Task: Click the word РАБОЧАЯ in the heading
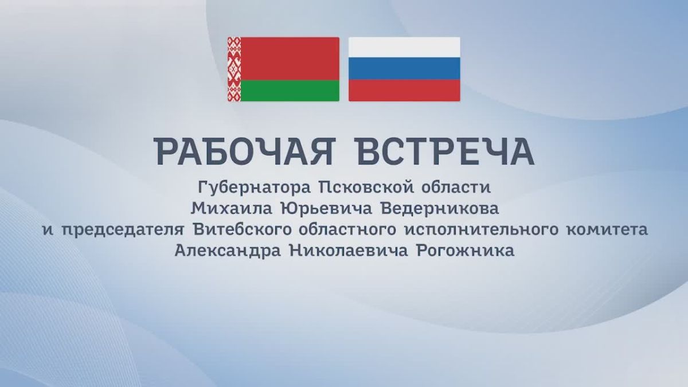pos(244,151)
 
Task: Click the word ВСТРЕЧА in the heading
pos(445,151)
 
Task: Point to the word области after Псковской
pos(456,187)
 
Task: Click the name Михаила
pos(232,209)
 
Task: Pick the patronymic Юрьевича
pos(326,209)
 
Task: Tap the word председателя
pos(123,230)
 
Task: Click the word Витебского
pos(242,229)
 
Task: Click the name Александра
pos(228,251)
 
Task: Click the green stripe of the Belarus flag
pos(290,91)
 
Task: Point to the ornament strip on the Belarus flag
pos(234,69)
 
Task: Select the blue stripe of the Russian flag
pos(404,69)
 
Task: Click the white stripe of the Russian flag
pos(404,47)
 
